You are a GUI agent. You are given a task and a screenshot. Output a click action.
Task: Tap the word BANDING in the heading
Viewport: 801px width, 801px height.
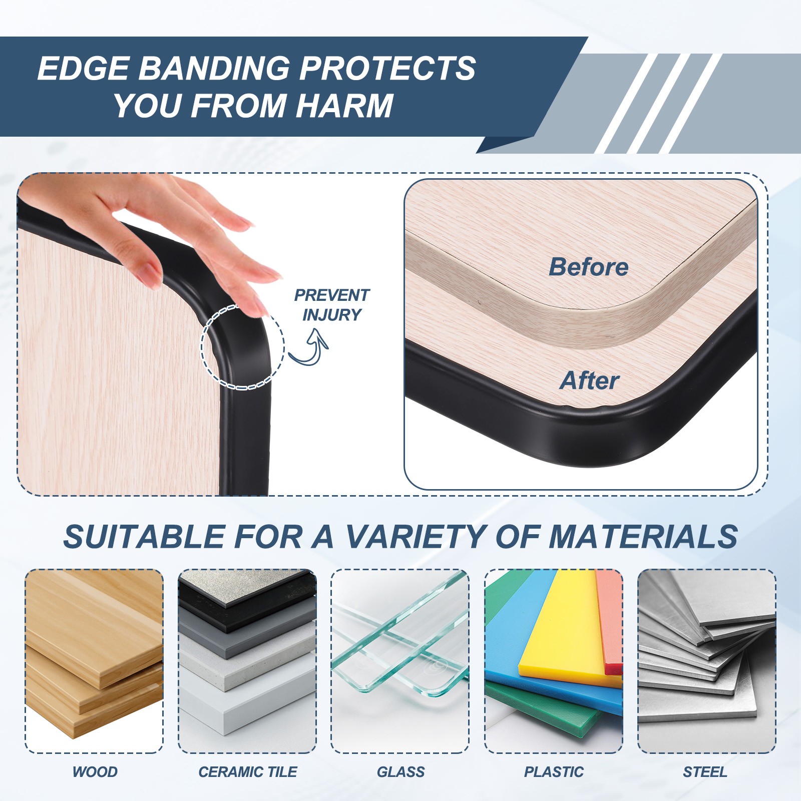click(214, 68)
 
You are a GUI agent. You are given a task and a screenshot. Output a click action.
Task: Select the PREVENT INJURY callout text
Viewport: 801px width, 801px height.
click(331, 305)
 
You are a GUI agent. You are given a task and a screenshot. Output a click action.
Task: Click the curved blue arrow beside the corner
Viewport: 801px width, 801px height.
click(309, 346)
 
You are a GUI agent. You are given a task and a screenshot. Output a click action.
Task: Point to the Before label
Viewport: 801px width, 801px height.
click(589, 267)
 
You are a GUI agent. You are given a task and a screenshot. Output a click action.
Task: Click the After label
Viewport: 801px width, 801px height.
click(590, 380)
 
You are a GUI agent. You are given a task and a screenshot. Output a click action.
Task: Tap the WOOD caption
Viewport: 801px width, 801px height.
click(95, 772)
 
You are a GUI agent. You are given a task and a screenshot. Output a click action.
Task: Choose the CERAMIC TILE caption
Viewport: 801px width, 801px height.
click(248, 772)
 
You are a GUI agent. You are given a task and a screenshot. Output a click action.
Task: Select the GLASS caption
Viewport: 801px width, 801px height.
click(400, 772)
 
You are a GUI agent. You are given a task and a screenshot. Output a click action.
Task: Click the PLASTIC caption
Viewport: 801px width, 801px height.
click(554, 772)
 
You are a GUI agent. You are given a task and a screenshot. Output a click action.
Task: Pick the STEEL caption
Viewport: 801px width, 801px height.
click(705, 772)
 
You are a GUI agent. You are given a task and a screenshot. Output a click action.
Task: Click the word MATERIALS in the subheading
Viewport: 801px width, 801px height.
click(643, 537)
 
